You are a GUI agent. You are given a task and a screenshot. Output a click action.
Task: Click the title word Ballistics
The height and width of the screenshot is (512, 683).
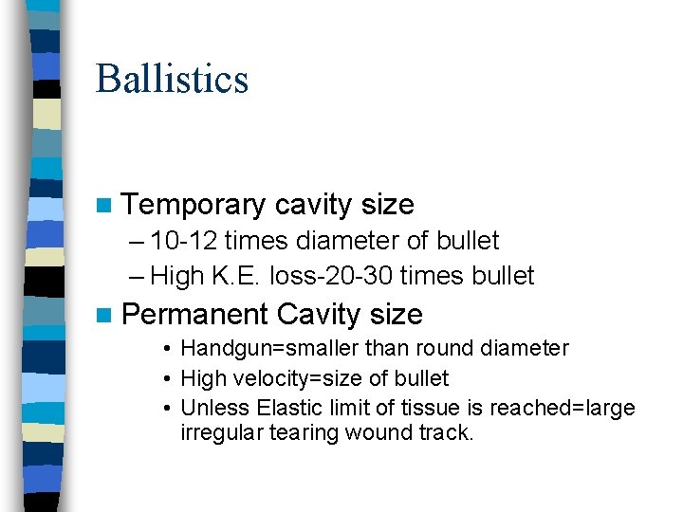click(172, 78)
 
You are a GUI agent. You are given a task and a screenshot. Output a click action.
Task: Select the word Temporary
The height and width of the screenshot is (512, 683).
click(194, 205)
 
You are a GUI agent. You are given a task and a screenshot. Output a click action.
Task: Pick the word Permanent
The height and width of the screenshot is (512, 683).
click(196, 314)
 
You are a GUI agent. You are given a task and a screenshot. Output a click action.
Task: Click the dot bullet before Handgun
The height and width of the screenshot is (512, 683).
click(165, 349)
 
